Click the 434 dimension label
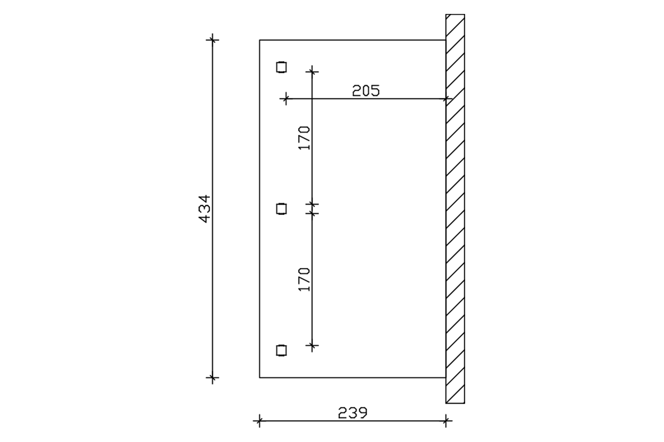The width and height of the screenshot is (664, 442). pos(204,209)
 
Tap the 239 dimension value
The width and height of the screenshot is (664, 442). pos(353,413)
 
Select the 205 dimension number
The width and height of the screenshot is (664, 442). pos(366,91)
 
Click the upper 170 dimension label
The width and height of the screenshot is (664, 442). pos(304,138)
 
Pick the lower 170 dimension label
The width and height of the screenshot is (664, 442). pos(304,280)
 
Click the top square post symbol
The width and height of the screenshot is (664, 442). pos(281,67)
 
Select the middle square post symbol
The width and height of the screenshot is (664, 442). pos(281,209)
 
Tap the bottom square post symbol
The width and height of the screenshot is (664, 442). pos(281,350)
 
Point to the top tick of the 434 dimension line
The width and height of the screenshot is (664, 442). pos(212,40)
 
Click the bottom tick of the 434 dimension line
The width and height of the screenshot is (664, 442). pos(212,377)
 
